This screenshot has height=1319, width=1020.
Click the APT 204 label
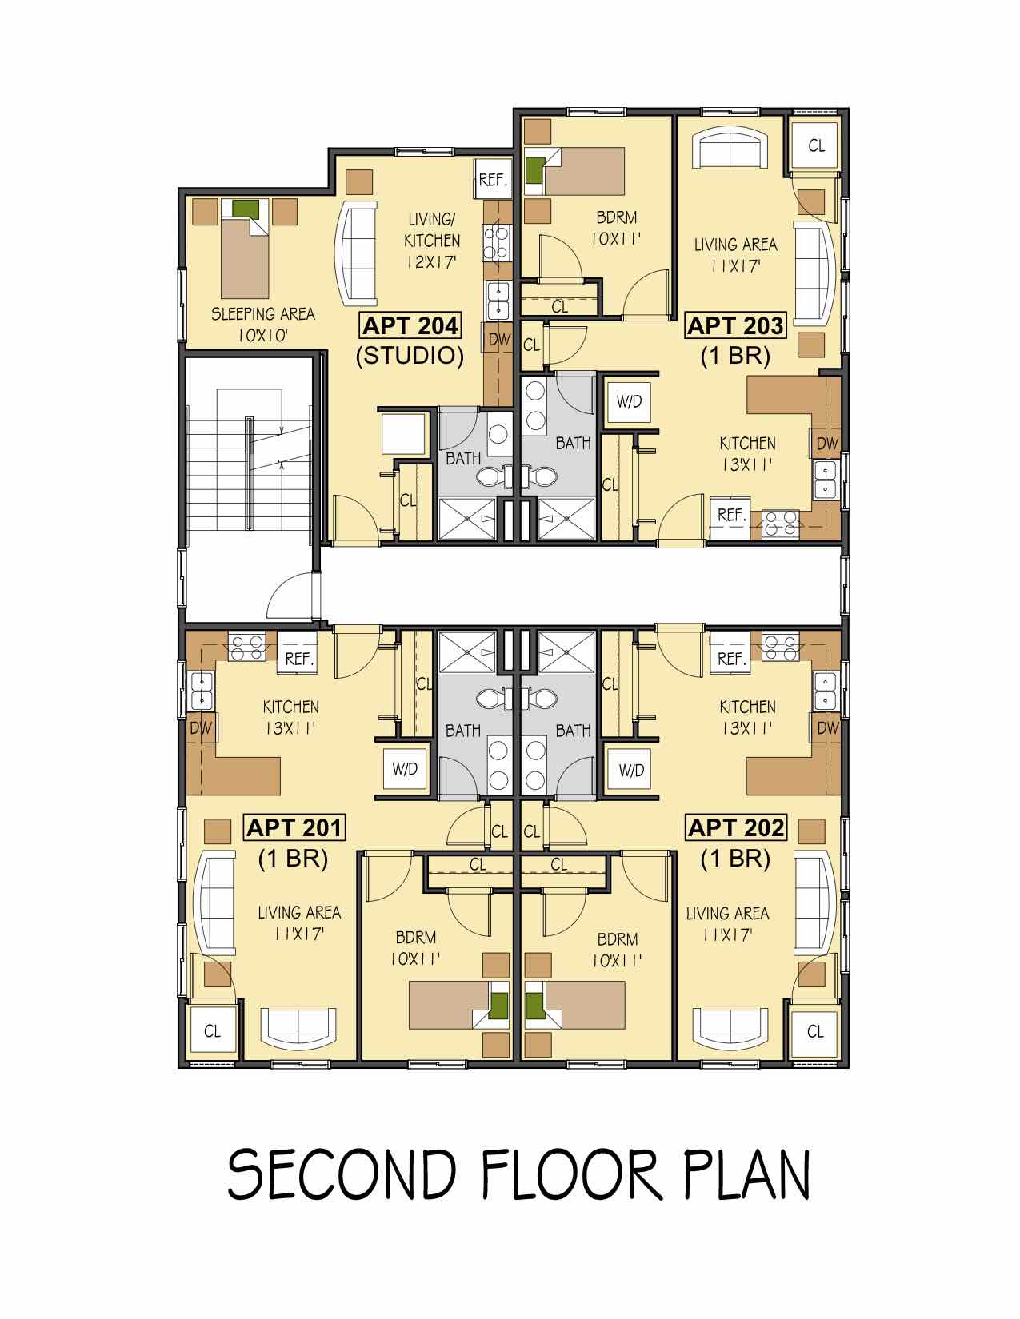410,326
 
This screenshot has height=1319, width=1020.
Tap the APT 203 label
735,326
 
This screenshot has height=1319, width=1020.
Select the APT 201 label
294,828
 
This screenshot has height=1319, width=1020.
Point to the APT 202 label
736,828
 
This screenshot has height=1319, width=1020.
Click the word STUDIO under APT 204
410,356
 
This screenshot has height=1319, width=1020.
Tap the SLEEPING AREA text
263,314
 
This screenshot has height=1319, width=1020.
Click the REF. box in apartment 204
493,179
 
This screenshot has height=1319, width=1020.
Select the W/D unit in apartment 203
629,402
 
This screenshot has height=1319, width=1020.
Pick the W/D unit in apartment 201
405,770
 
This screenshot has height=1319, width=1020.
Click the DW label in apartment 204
498,340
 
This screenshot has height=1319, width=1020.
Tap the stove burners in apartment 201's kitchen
246,647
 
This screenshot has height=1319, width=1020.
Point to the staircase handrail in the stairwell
249,473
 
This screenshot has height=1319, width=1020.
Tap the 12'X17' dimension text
432,262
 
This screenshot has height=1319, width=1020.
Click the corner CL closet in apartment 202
814,1032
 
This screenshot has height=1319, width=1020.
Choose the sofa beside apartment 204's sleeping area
356,253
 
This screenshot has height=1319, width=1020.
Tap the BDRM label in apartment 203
617,217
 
